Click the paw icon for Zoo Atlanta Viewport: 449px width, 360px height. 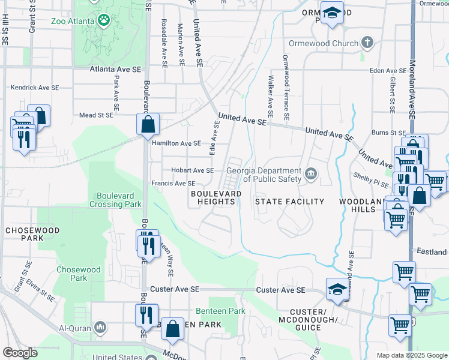(104, 21)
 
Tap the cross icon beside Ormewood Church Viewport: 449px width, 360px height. (367, 43)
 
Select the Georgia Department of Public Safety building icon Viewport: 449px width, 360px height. (310, 175)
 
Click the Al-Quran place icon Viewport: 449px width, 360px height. (100, 328)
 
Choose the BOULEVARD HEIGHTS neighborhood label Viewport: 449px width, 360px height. (212, 198)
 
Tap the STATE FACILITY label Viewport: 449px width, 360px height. (289, 202)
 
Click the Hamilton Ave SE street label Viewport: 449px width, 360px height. (176, 143)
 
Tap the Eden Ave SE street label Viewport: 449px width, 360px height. (388, 70)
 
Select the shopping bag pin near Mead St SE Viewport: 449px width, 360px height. (148, 125)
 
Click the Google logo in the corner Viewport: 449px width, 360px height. (20, 353)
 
